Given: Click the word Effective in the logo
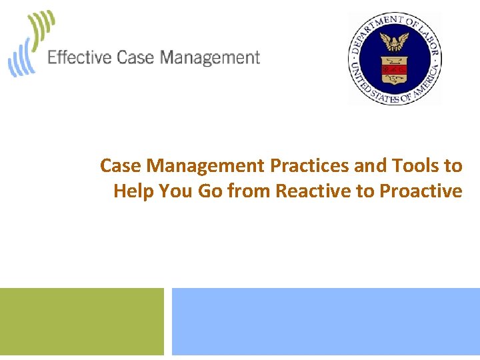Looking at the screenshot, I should [79, 58].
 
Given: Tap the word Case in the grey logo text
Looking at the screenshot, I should [136, 58].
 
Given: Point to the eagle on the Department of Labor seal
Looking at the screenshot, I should [394, 43].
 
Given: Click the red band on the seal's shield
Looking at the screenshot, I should [394, 68].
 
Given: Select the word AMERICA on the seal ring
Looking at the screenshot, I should [427, 81].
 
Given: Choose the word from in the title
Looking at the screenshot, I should [249, 191].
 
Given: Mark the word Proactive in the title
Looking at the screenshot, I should [421, 191].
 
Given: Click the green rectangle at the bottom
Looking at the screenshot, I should [81, 321].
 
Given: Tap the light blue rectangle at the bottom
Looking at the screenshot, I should [326, 321].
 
